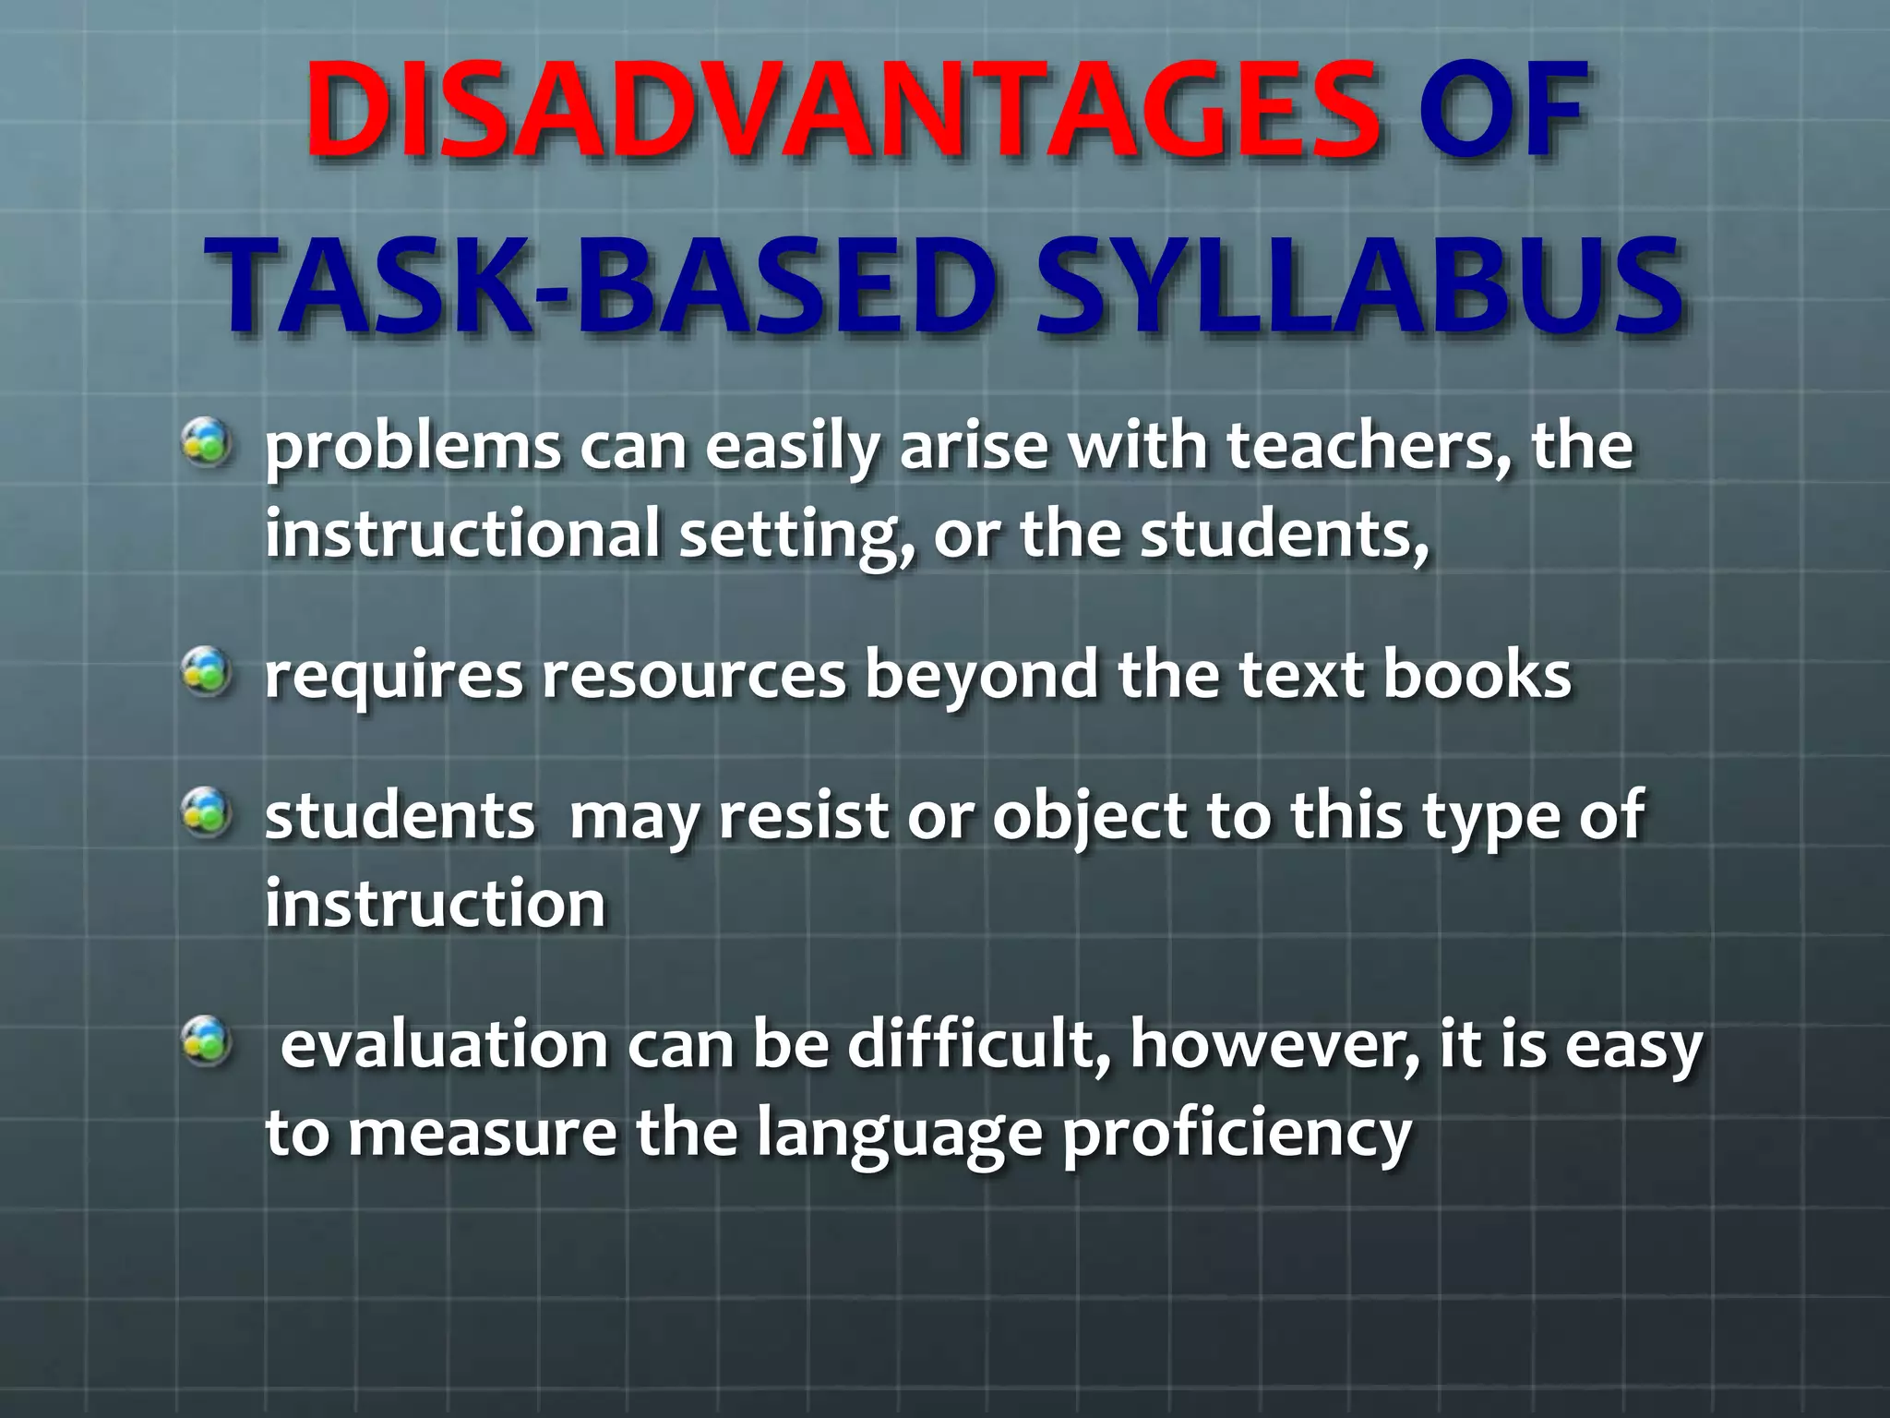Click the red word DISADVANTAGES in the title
[x=842, y=111]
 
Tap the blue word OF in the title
[x=1502, y=111]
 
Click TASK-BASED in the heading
[x=604, y=286]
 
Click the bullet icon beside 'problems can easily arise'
[x=207, y=442]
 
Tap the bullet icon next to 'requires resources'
[x=207, y=671]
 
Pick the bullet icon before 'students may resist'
[x=207, y=812]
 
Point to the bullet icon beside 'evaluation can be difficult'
[x=207, y=1041]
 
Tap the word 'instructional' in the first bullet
[x=462, y=534]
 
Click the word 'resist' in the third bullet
[x=802, y=816]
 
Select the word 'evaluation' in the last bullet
[x=444, y=1045]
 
